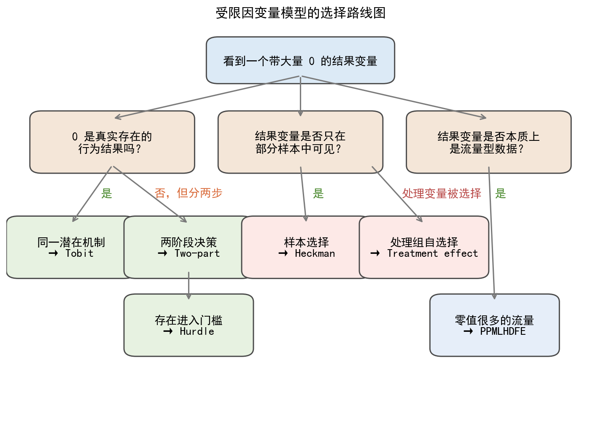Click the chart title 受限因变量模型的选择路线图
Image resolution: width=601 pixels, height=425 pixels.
click(300, 13)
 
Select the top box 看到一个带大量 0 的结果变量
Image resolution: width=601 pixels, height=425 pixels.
click(300, 60)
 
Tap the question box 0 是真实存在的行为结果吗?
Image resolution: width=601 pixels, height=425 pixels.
click(112, 142)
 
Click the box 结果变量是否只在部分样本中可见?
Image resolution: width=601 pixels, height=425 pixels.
click(300, 142)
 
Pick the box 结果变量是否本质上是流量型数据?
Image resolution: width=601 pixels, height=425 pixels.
click(488, 142)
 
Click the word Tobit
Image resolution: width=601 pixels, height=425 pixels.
click(79, 253)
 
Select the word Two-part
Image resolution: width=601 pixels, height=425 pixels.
click(197, 253)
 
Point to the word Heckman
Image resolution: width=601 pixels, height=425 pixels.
click(315, 253)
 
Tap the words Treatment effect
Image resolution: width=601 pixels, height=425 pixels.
click(432, 253)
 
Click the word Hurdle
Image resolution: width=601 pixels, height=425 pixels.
click(197, 331)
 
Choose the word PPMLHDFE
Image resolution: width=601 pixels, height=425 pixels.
click(503, 331)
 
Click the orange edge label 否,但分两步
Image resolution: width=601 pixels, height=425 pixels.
click(189, 193)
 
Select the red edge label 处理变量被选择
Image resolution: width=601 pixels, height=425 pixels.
click(441, 194)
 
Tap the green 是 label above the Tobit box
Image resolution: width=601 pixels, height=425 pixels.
click(107, 194)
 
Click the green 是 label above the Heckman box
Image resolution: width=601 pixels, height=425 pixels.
click(318, 194)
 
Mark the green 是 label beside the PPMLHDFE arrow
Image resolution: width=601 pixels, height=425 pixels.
click(501, 194)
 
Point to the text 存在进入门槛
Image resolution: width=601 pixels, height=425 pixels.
click(189, 320)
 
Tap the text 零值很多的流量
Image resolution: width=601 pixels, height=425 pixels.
click(494, 320)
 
